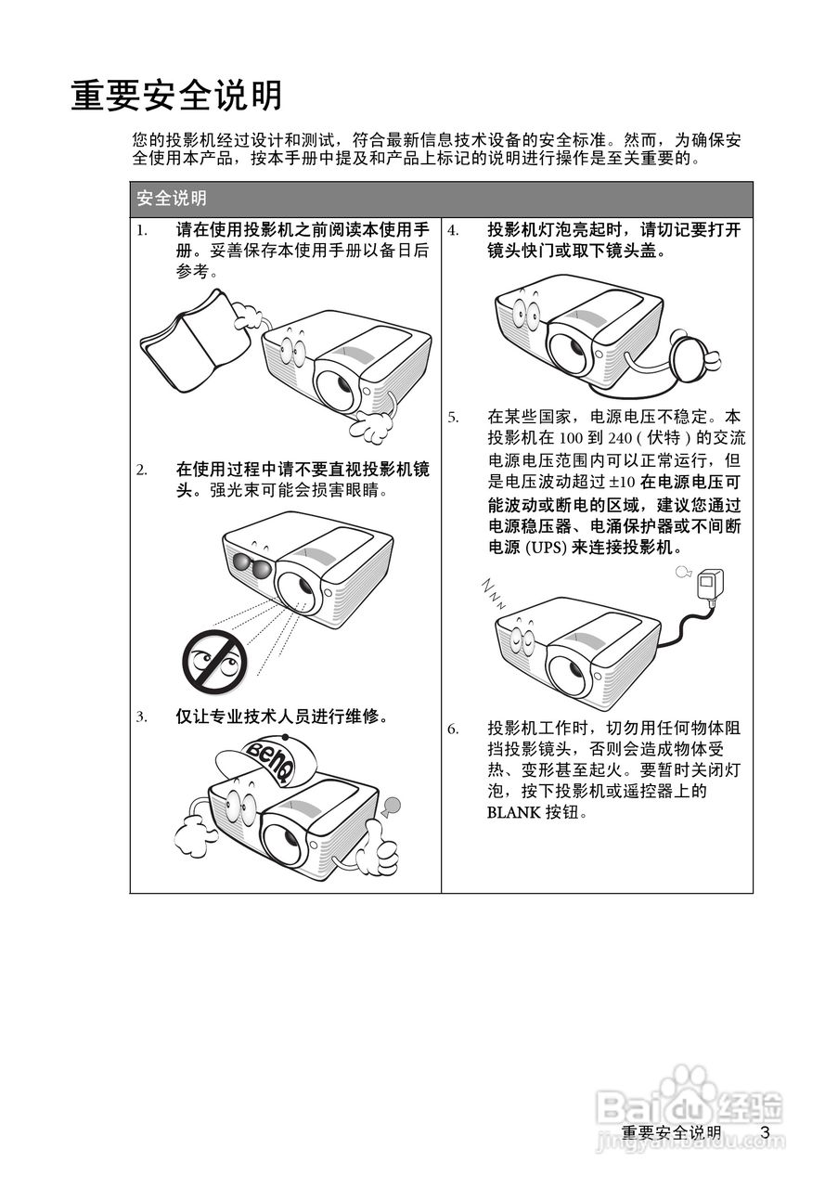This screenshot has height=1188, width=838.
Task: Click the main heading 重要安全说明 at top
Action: [x=176, y=95]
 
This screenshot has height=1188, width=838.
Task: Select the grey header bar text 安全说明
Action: [x=171, y=199]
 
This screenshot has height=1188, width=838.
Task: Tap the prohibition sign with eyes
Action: [x=213, y=660]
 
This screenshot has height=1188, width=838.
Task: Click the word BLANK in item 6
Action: [x=513, y=812]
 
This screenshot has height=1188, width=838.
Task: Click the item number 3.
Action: [x=142, y=717]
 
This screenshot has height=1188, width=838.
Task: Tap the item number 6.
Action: [x=453, y=729]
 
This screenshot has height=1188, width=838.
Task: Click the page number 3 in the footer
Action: [x=765, y=1132]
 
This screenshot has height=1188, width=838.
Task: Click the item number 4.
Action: [x=453, y=230]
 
